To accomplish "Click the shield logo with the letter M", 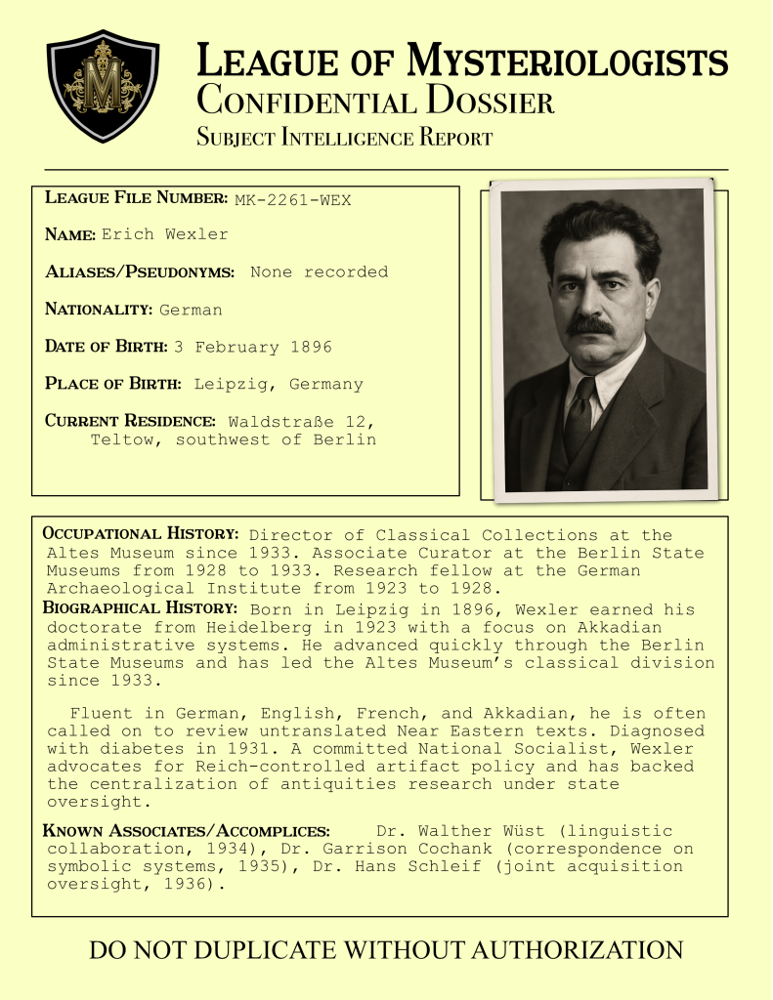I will (x=103, y=85).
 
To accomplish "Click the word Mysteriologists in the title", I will (x=568, y=62).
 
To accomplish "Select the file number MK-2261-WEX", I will (x=292, y=200).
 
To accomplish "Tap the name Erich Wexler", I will (x=164, y=234).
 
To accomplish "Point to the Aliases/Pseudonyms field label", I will (x=140, y=271).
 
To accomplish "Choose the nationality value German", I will (x=191, y=310).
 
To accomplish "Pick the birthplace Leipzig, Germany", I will (x=279, y=384).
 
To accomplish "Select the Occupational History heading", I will (x=141, y=534).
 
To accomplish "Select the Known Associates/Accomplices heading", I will (x=187, y=831).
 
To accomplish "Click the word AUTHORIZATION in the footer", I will (x=565, y=949).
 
